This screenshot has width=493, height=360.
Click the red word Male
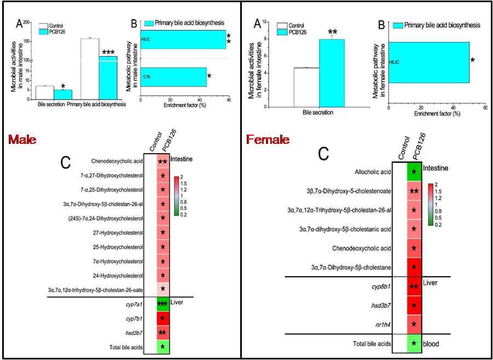19,140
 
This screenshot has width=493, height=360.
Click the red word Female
268,140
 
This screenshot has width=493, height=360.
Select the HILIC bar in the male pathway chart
183,39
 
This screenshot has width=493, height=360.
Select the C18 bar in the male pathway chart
173,77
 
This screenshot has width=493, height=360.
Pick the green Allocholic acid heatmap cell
414,172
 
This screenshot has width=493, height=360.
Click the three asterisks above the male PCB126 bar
108,53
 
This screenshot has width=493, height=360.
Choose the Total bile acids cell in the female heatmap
414,343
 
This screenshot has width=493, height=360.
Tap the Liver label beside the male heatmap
176,302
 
